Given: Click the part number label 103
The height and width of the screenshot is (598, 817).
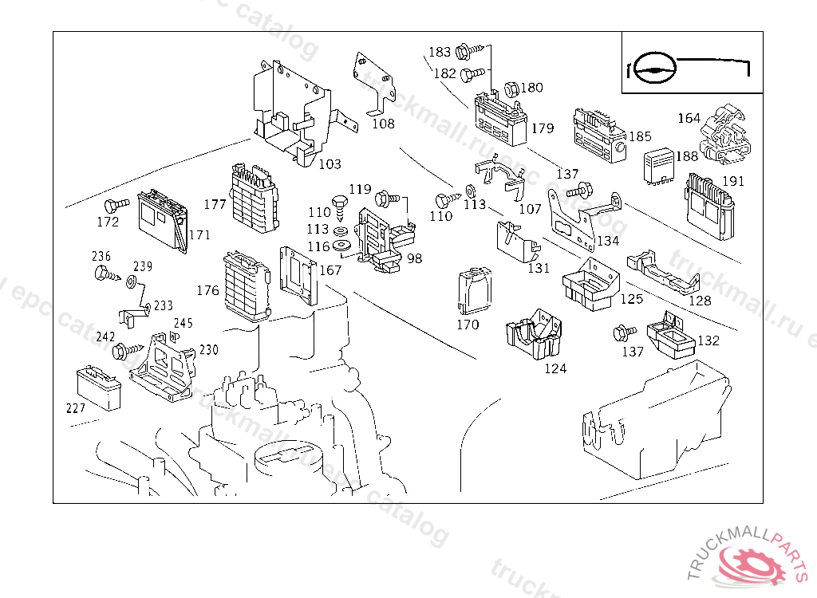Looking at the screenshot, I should tap(330, 164).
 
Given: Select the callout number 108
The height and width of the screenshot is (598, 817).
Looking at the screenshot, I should tap(383, 124).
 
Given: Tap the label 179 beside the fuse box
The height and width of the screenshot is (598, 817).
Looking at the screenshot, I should tap(542, 128).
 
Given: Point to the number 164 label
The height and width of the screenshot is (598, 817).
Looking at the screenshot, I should tap(689, 118).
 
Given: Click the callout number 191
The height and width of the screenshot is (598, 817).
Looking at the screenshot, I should tap(732, 181).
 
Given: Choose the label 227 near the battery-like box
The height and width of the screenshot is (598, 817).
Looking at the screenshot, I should tap(76, 408).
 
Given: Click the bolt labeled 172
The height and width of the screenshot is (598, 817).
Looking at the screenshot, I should tap(116, 203).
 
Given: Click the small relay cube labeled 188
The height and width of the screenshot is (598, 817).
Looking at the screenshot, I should tap(660, 165).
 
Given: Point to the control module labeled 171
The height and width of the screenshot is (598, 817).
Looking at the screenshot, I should tap(162, 220).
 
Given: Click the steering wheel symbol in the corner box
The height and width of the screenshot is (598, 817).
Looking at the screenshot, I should tap(653, 68).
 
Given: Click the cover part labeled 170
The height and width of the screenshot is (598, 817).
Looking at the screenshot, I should tap(474, 291).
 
